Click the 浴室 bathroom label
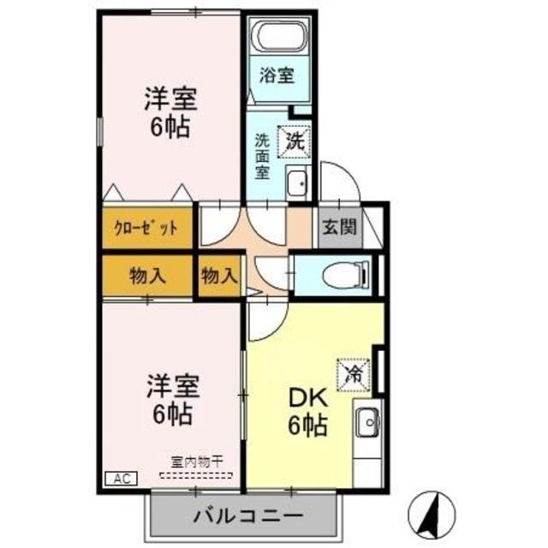pyautogui.click(x=277, y=74)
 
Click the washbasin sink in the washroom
pyautogui.click(x=297, y=183)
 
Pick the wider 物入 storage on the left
pyautogui.click(x=147, y=276)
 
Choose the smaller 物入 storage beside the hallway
pyautogui.click(x=219, y=276)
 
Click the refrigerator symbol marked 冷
pyautogui.click(x=354, y=372)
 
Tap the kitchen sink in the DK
pyautogui.click(x=366, y=423)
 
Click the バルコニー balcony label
pyautogui.click(x=247, y=516)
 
